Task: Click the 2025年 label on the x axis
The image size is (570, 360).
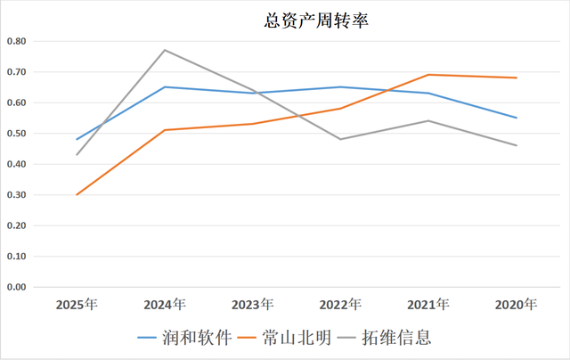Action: click(77, 305)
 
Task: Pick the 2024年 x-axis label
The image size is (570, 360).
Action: click(165, 305)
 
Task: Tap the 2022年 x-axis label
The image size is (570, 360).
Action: click(340, 305)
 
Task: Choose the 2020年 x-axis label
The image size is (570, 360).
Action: click(516, 305)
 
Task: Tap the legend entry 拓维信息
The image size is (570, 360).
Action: click(398, 338)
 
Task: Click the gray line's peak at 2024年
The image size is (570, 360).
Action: click(165, 50)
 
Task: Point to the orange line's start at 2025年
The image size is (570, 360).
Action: click(77, 194)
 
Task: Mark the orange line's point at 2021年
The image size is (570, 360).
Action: click(428, 75)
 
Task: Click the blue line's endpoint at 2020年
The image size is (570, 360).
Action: click(516, 118)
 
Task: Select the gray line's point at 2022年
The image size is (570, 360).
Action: click(340, 139)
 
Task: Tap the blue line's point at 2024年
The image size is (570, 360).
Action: click(165, 87)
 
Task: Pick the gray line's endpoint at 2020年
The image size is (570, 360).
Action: click(516, 145)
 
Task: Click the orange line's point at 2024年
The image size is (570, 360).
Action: click(165, 130)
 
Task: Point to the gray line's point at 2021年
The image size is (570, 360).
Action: click(428, 120)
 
